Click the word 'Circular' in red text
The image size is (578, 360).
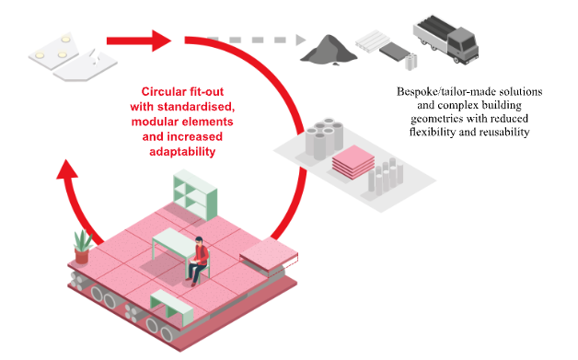pyautogui.click(x=166, y=92)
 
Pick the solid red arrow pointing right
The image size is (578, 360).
pyautogui.click(x=138, y=40)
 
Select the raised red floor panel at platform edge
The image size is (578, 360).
pyautogui.click(x=266, y=254)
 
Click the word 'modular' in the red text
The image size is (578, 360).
pyautogui.click(x=162, y=122)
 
